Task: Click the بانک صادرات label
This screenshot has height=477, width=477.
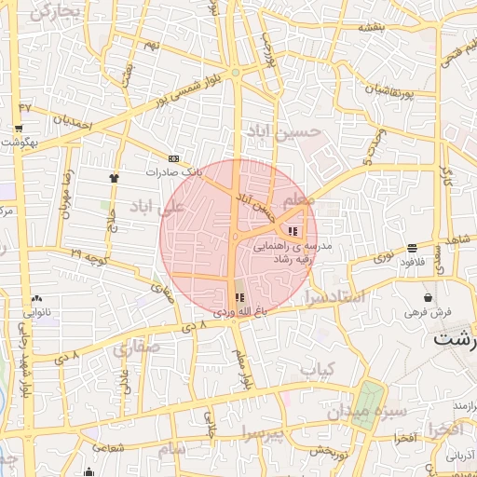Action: click(174, 172)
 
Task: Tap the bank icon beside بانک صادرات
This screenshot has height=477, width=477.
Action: click(173, 159)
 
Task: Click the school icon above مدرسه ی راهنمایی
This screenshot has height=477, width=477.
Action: click(293, 231)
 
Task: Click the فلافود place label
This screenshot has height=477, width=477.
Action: click(412, 262)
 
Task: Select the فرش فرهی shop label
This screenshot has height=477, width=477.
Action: click(428, 311)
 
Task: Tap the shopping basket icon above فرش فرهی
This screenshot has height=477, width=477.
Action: click(427, 297)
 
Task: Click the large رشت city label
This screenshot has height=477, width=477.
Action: click(456, 340)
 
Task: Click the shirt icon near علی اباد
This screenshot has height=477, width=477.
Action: click(114, 176)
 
